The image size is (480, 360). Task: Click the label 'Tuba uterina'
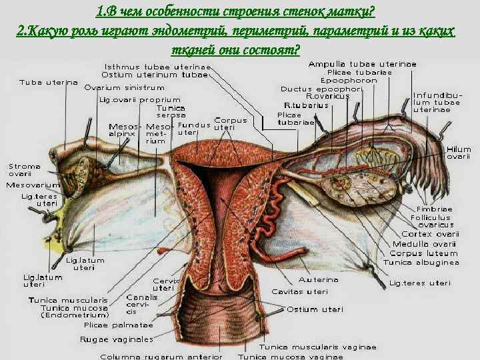tap(48, 83)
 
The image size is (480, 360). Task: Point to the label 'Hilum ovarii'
tap(459, 153)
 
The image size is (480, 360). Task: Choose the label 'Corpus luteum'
tap(424, 253)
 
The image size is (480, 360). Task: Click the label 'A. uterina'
tap(319, 280)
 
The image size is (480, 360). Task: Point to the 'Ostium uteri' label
tap(315, 309)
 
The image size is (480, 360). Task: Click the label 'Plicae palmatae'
tap(119, 325)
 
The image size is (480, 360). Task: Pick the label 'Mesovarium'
tap(33, 185)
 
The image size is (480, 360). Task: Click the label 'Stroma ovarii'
tap(25, 170)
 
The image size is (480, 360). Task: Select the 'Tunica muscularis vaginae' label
tap(318, 347)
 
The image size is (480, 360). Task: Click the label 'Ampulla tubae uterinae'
tap(362, 64)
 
